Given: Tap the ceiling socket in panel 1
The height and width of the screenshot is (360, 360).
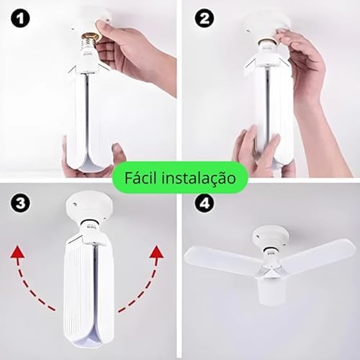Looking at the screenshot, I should pyautogui.click(x=92, y=19).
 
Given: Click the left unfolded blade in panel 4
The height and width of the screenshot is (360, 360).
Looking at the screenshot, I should pyautogui.click(x=220, y=259).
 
